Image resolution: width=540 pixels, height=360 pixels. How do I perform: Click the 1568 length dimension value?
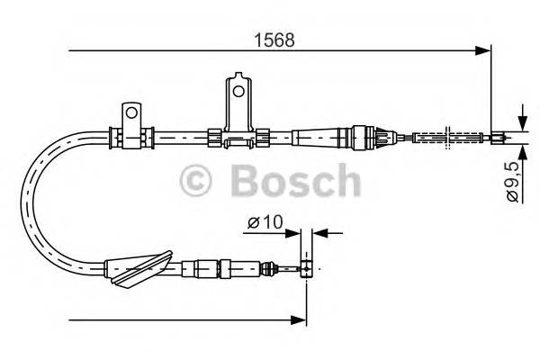click(x=277, y=40)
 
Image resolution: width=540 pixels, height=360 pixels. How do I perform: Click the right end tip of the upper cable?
click(x=506, y=138)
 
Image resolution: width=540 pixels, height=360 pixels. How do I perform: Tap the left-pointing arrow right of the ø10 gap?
click(x=319, y=232)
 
